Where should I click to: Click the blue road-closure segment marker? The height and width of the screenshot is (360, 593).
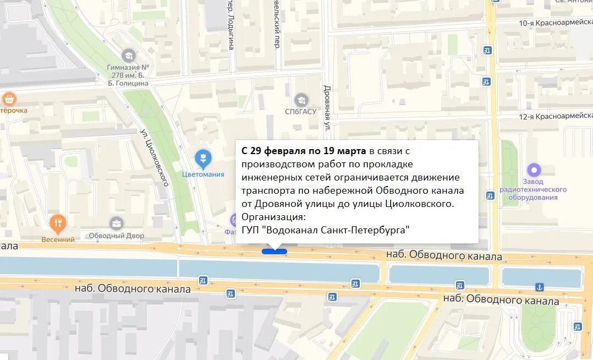(274, 252)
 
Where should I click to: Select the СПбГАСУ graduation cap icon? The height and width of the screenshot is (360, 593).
(301, 100)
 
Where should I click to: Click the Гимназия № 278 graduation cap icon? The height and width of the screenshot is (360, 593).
(128, 56)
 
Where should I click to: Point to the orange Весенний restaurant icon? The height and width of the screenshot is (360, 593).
(58, 223)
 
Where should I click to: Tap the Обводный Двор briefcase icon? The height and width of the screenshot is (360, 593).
(116, 223)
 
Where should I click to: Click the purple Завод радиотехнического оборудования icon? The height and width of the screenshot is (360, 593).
(534, 170)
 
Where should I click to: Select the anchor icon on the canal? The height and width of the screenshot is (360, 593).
(540, 287)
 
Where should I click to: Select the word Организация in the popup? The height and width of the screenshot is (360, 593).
(271, 217)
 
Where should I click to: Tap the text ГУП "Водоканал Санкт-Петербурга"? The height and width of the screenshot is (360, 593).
(326, 230)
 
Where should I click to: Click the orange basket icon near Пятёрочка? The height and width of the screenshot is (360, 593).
(9, 99)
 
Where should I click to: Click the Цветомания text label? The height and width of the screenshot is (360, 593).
(203, 174)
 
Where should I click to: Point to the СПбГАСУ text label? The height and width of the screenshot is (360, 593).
(300, 111)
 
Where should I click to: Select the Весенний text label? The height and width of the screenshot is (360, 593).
(58, 239)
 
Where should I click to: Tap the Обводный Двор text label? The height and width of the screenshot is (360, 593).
(117, 236)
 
